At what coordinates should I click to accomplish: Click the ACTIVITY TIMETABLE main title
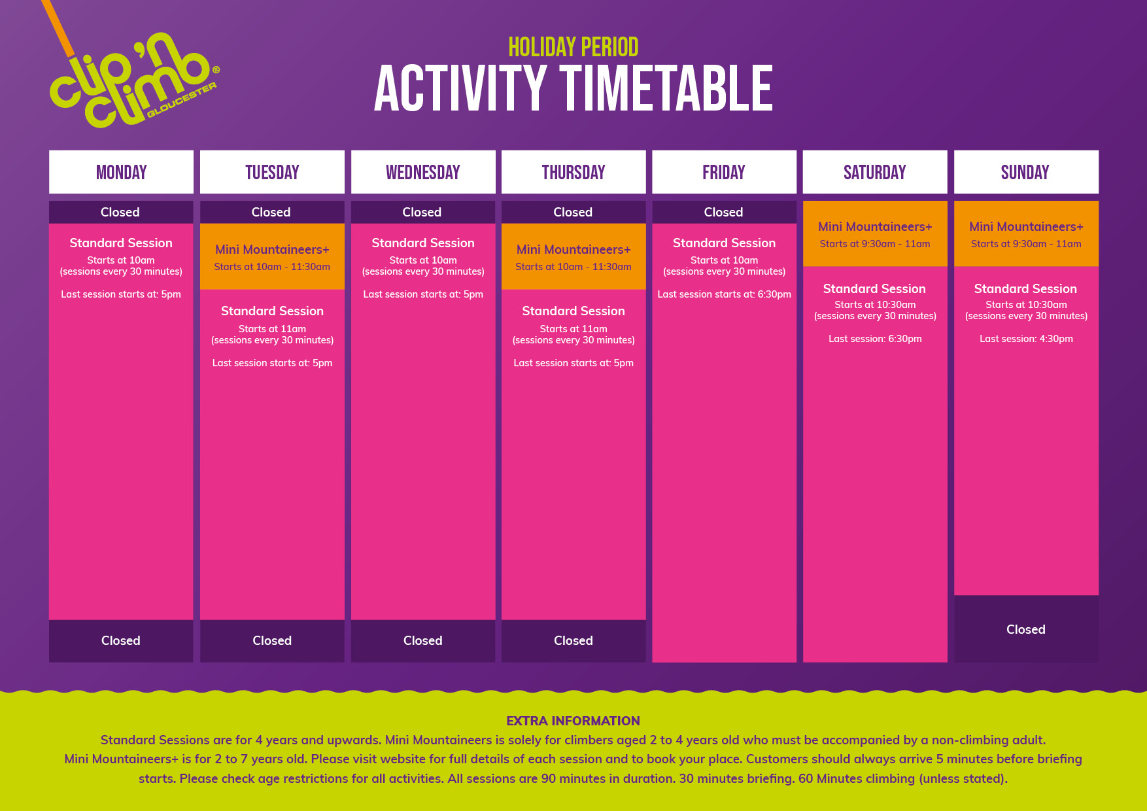coord(573,88)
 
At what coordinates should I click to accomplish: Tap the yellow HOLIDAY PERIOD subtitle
coord(573,47)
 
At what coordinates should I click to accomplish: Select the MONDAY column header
coord(121,172)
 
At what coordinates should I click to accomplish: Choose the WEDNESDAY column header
coord(423,172)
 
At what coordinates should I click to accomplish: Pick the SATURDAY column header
coord(875,172)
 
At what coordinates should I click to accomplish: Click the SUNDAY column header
coord(1026,172)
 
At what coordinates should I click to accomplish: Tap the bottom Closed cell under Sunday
coord(1026,629)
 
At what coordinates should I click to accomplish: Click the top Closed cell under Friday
coord(724,212)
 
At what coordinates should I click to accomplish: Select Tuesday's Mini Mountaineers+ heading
coord(272,249)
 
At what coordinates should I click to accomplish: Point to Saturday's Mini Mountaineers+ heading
coord(875,226)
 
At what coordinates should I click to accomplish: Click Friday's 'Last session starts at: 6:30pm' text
coord(724,294)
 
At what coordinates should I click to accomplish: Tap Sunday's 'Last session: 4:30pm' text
coord(1026,339)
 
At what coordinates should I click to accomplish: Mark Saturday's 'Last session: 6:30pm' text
coord(875,339)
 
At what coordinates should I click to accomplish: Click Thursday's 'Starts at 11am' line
coord(573,329)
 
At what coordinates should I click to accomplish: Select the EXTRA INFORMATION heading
coord(573,721)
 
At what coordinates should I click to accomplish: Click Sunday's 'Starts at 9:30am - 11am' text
coord(1026,244)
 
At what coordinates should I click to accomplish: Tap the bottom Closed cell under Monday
coord(121,641)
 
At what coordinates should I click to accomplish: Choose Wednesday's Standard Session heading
coord(423,243)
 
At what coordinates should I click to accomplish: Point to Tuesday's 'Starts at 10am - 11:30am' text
coord(272,267)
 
